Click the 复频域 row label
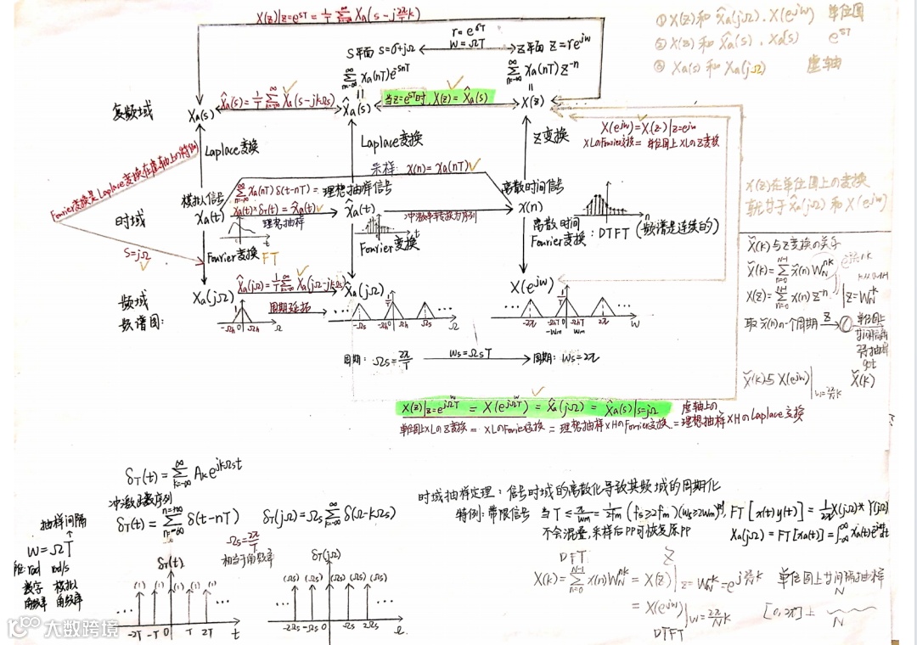click(x=134, y=111)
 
